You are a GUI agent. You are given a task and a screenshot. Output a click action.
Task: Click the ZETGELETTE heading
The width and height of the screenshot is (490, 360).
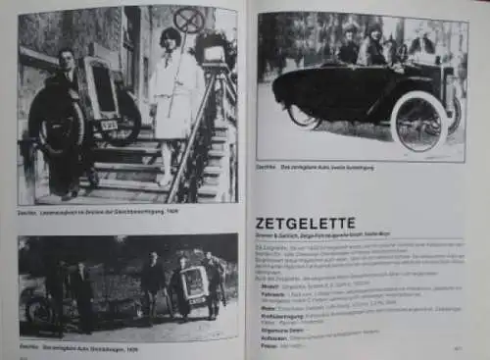pyautogui.click(x=305, y=223)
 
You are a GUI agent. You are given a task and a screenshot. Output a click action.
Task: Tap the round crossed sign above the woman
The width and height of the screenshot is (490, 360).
pyautogui.click(x=188, y=18)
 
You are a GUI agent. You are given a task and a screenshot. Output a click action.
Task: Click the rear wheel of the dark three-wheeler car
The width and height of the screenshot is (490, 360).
pyautogui.click(x=302, y=117)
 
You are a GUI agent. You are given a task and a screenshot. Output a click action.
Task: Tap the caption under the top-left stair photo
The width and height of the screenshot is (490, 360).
pyautogui.click(x=98, y=211)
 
